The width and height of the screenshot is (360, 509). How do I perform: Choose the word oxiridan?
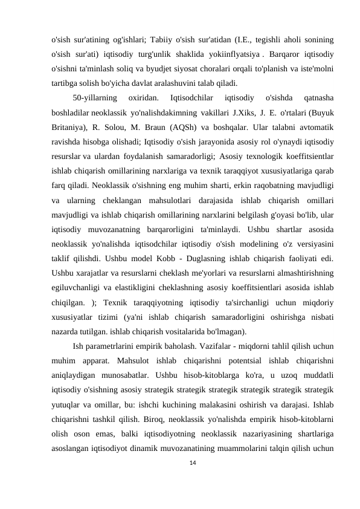144,98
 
